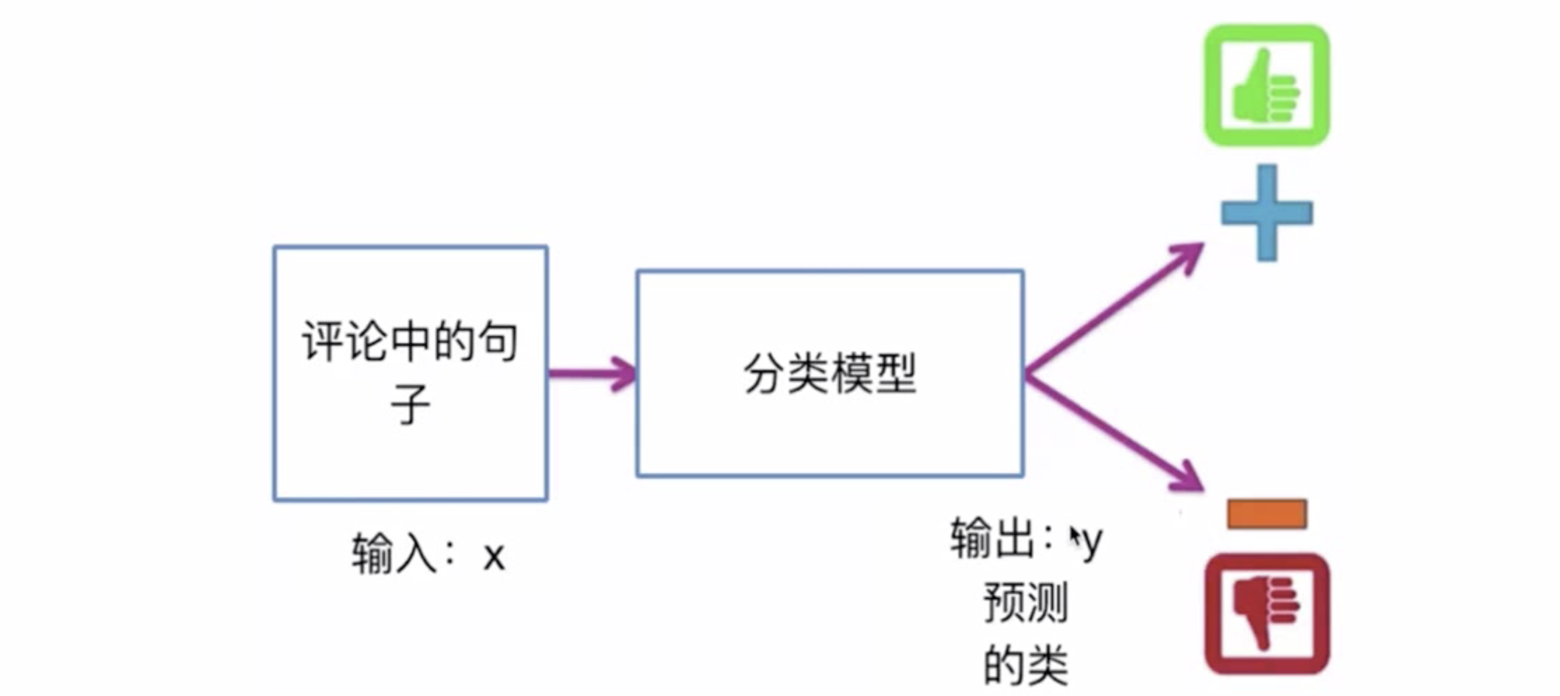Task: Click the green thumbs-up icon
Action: [1267, 85]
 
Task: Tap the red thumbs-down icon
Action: [1267, 613]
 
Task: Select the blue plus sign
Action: [1267, 213]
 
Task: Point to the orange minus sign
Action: [1267, 514]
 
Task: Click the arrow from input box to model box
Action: [592, 374]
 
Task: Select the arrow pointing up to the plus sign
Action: [1113, 308]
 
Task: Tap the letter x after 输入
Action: [494, 557]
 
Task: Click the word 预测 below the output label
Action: [1026, 602]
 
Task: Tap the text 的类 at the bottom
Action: [1026, 665]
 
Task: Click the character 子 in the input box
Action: [410, 404]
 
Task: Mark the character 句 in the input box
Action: [497, 342]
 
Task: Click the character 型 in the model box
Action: [896, 373]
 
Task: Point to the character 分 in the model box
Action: [764, 373]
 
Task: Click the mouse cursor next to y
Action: [1074, 538]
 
